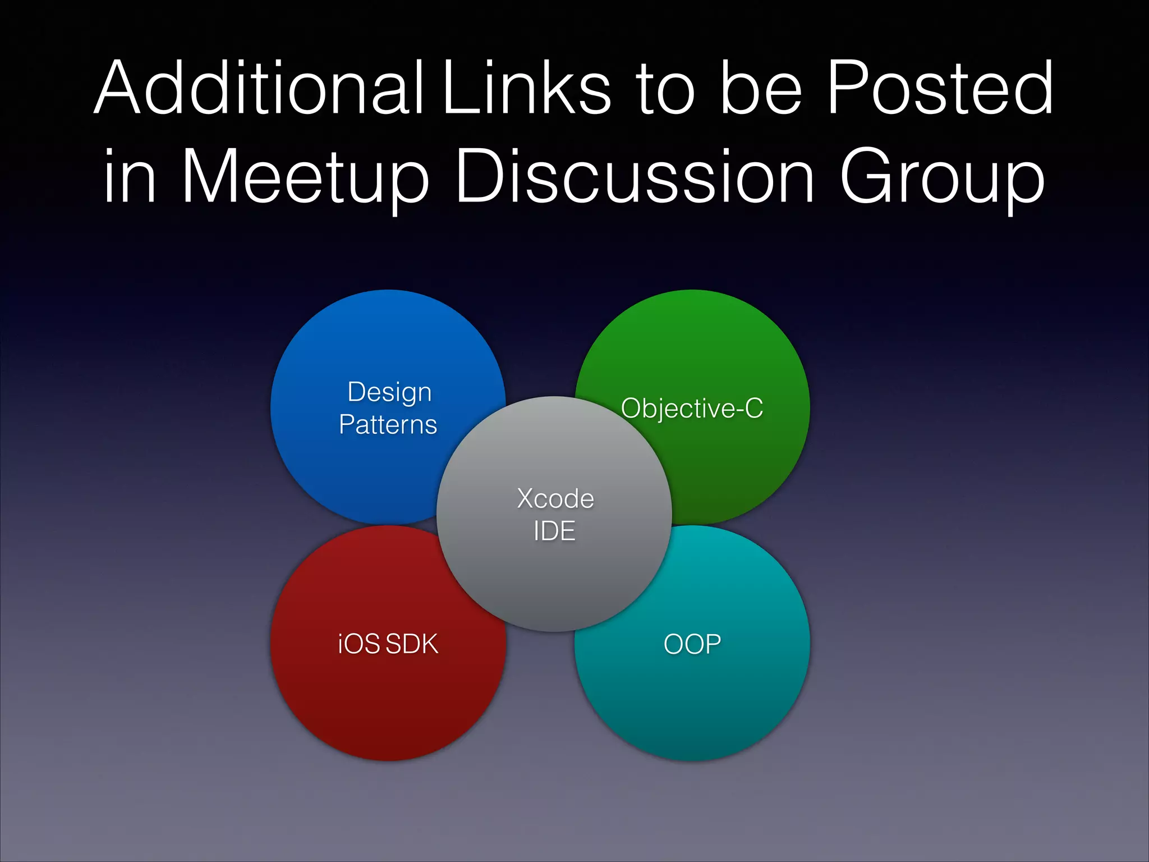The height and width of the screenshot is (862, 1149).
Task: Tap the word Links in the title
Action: pyautogui.click(x=526, y=89)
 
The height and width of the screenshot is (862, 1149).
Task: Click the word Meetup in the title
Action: pyautogui.click(x=306, y=177)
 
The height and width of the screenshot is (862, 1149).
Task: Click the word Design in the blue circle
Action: pyautogui.click(x=389, y=392)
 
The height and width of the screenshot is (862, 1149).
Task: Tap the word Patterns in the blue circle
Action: pyautogui.click(x=388, y=425)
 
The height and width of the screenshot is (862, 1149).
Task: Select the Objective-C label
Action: pyautogui.click(x=692, y=409)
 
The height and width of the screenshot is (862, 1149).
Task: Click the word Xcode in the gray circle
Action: pyautogui.click(x=555, y=498)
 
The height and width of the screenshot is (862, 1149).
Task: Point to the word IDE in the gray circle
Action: pyautogui.click(x=554, y=531)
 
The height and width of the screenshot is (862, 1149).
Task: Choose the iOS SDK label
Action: pyautogui.click(x=388, y=644)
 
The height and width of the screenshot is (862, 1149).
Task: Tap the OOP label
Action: pyautogui.click(x=692, y=644)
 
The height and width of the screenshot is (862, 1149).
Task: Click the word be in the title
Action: pyautogui.click(x=760, y=89)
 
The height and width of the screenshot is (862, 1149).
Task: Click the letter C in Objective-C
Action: pyautogui.click(x=753, y=408)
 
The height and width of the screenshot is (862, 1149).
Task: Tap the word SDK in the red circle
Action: pyautogui.click(x=412, y=644)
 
